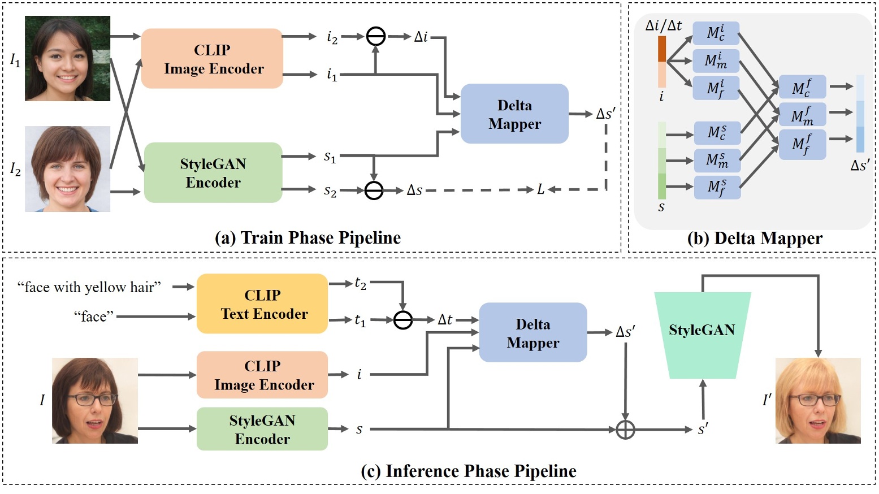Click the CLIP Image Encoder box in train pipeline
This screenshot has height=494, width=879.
tap(211, 59)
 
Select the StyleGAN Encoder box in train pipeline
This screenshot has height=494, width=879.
tap(213, 172)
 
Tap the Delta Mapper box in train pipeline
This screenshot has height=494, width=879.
tap(514, 114)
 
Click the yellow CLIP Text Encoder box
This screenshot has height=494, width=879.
tap(262, 304)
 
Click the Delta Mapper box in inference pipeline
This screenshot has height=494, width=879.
tap(532, 332)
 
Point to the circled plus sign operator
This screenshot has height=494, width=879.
tap(625, 430)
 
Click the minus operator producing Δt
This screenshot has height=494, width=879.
tap(402, 320)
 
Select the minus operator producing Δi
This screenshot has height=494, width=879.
tap(376, 37)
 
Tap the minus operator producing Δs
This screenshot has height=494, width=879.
tap(374, 190)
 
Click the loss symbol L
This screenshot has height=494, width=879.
tap(541, 190)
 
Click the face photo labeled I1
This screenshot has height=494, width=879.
tap(67, 59)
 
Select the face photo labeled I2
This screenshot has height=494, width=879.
tap(67, 169)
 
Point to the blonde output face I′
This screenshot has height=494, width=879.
tap(818, 400)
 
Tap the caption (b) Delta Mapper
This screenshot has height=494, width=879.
tap(755, 238)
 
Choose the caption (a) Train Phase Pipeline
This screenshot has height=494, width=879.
tap(308, 237)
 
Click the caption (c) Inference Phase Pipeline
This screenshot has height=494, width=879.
tap(469, 471)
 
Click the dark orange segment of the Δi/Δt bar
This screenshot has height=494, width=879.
tap(662, 49)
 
